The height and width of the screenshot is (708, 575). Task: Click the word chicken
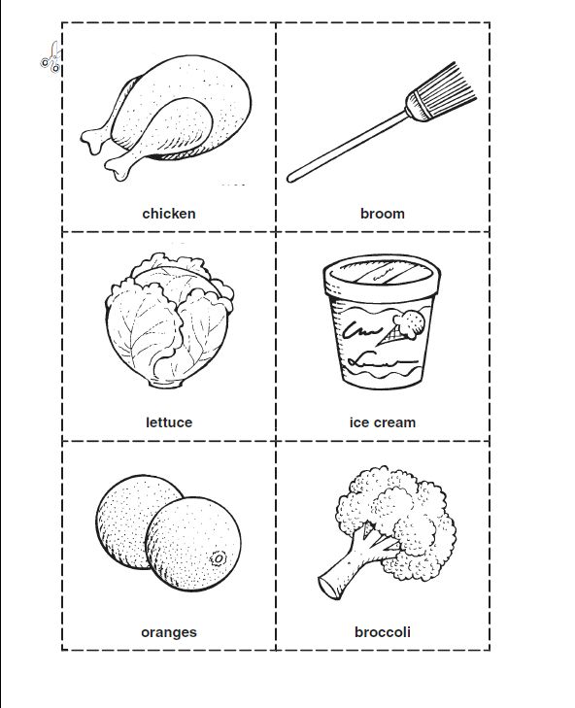[x=169, y=213]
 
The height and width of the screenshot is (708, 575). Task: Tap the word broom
[x=382, y=213]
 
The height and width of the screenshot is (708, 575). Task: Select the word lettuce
[x=169, y=422]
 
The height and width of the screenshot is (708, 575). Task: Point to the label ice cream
[x=382, y=422]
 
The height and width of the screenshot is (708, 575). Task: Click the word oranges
[x=169, y=632]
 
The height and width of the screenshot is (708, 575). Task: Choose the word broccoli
[x=382, y=631]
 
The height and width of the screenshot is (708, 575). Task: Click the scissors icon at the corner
[x=51, y=58]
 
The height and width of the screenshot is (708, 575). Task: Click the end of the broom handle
[x=290, y=179]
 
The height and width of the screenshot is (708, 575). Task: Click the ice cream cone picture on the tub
[x=403, y=327]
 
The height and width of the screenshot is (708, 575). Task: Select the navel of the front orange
[x=219, y=559]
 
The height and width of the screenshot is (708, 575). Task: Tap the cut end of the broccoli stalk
[x=327, y=588]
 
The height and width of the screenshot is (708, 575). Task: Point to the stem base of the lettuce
[x=167, y=384]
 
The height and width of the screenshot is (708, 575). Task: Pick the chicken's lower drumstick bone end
[x=117, y=169]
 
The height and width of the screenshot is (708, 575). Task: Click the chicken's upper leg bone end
[x=92, y=141]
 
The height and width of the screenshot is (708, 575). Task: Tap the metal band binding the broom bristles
[x=418, y=106]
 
